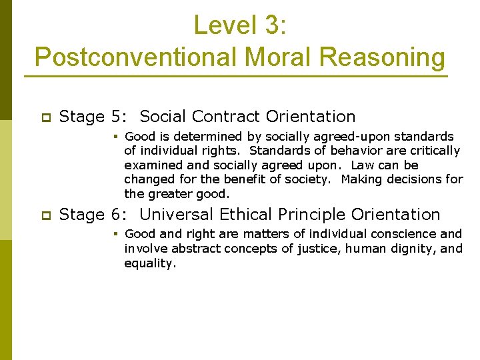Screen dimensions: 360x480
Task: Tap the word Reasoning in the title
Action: click(382, 57)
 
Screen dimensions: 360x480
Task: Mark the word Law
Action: click(363, 165)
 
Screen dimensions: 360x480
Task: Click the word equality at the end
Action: click(150, 263)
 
